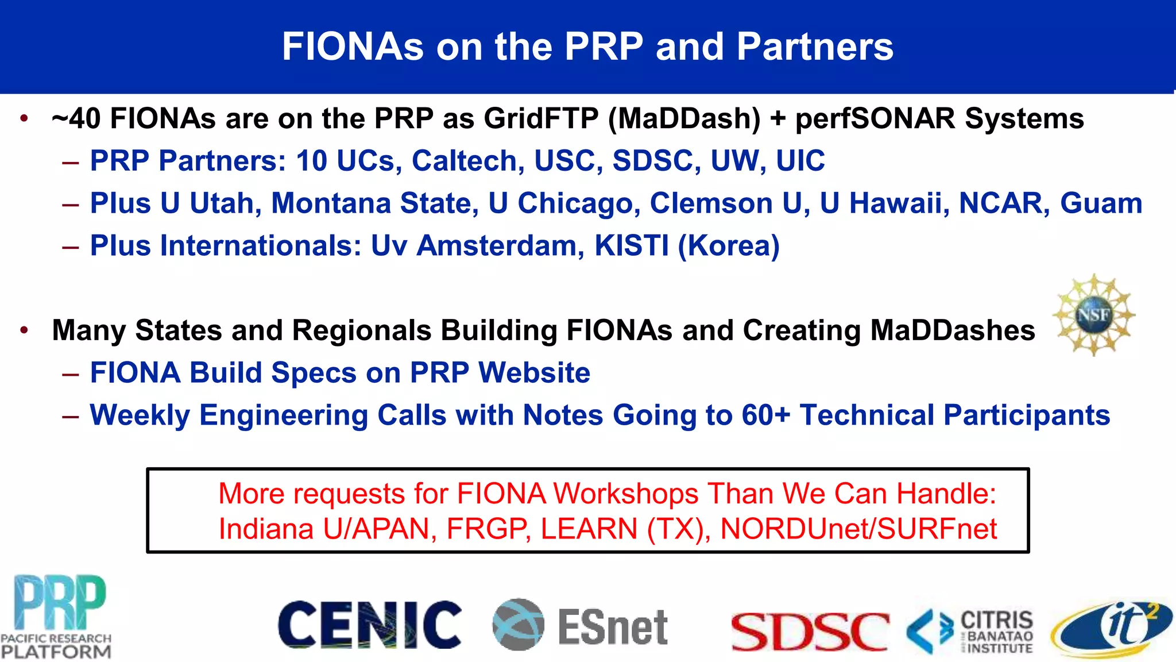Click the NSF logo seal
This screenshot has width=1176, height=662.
pyautogui.click(x=1093, y=315)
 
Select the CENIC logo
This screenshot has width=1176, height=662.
pyautogui.click(x=369, y=625)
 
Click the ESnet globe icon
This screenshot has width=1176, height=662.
pyautogui.click(x=518, y=624)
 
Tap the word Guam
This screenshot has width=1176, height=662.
pyautogui.click(x=1101, y=203)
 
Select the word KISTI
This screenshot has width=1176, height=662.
pyautogui.click(x=631, y=246)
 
